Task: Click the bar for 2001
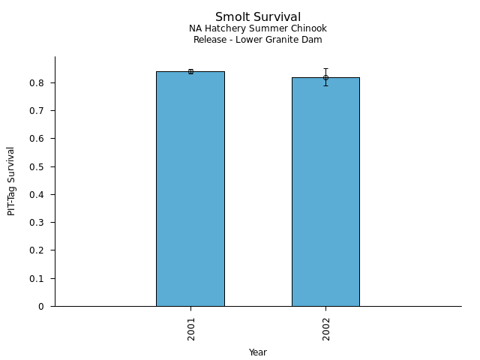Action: coord(190,189)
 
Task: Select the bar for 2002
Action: coord(325,192)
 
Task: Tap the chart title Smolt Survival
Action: coord(258,17)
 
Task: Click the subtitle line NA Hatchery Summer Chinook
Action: coord(258,29)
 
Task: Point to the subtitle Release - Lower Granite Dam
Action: coord(258,40)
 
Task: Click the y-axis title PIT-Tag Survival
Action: coord(12,181)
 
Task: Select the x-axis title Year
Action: coord(258,352)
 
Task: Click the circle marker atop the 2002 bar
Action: coord(325,77)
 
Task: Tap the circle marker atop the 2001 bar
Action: coord(190,71)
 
